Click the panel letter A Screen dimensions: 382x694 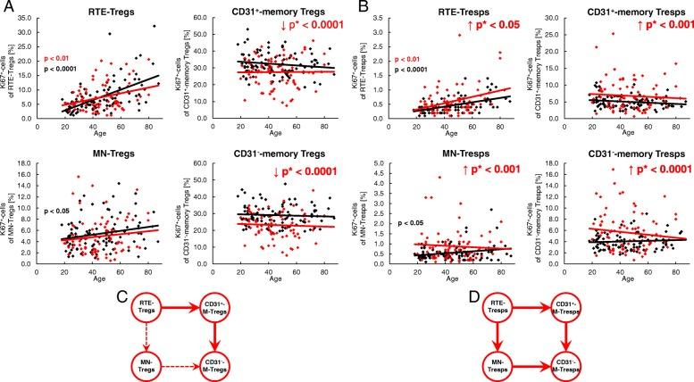tap(7, 8)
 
